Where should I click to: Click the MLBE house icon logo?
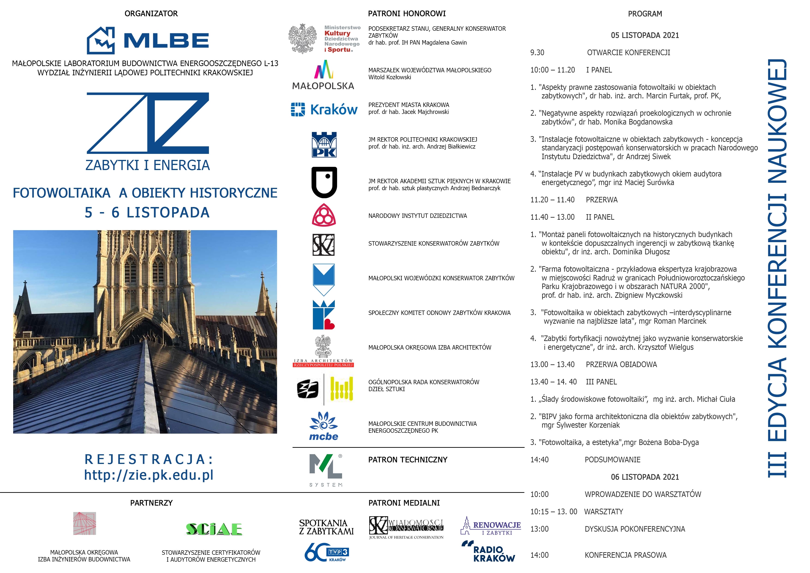tap(101, 40)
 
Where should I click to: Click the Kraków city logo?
tap(324, 110)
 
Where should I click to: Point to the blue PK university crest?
tap(324, 144)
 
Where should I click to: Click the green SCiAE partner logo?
tap(214, 529)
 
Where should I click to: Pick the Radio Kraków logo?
tap(488, 552)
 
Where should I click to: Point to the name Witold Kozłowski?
tap(390, 77)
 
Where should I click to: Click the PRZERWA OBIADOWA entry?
tap(621, 364)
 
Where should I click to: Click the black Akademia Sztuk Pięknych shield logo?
tap(324, 182)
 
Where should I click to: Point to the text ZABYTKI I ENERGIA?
tap(148, 165)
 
